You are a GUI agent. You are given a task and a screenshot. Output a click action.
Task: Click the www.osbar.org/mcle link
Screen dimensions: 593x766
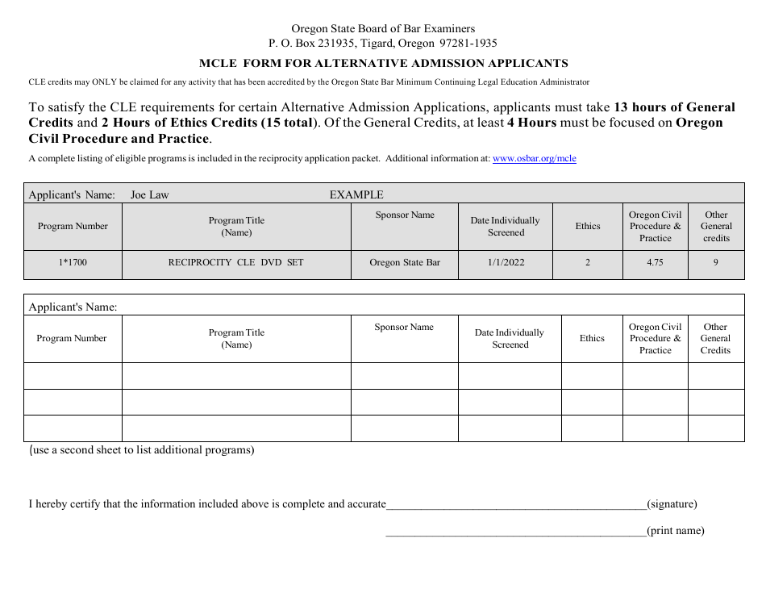(534, 159)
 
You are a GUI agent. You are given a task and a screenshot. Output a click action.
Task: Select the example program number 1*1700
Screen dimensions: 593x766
(73, 263)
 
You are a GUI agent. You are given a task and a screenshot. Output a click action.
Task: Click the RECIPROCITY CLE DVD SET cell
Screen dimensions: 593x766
(235, 263)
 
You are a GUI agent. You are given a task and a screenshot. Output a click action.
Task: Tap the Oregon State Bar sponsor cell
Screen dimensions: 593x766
(405, 263)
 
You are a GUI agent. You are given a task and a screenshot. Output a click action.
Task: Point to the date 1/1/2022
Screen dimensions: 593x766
(506, 263)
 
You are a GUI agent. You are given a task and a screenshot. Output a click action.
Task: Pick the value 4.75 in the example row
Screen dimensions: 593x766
(655, 263)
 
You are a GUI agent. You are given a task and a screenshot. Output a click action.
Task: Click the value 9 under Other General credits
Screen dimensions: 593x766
(715, 263)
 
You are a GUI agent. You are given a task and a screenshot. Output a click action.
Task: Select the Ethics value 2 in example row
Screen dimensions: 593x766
(587, 263)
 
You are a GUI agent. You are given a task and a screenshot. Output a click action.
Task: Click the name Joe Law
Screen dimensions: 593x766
(149, 194)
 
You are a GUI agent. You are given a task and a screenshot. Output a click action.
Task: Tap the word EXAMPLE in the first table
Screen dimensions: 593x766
(356, 194)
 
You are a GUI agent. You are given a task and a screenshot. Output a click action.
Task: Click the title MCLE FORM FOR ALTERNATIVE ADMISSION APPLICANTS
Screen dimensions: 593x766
(383, 63)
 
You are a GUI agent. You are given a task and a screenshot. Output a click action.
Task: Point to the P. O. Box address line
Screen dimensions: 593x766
(383, 44)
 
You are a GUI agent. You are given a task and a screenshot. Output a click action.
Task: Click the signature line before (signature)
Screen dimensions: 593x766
(516, 504)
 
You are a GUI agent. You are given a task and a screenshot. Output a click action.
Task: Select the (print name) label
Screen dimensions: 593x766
(675, 531)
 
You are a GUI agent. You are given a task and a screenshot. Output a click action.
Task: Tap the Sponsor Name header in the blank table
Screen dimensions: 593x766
(404, 327)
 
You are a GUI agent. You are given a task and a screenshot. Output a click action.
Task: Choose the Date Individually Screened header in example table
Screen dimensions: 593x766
(506, 226)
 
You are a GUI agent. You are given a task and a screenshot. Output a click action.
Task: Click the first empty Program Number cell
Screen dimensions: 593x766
(73, 376)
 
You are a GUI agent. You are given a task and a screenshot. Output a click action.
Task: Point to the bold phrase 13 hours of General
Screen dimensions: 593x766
(674, 107)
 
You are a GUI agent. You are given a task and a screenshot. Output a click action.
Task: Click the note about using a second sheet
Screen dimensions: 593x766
(142, 450)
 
